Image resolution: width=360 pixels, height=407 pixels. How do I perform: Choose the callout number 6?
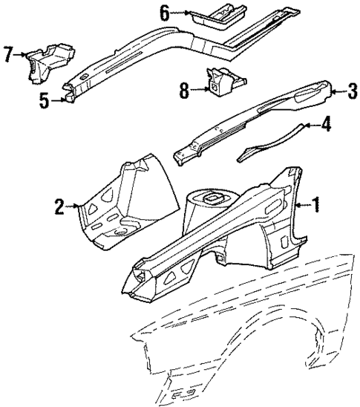[164, 12]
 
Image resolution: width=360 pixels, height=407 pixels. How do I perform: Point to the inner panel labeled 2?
[122, 204]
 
